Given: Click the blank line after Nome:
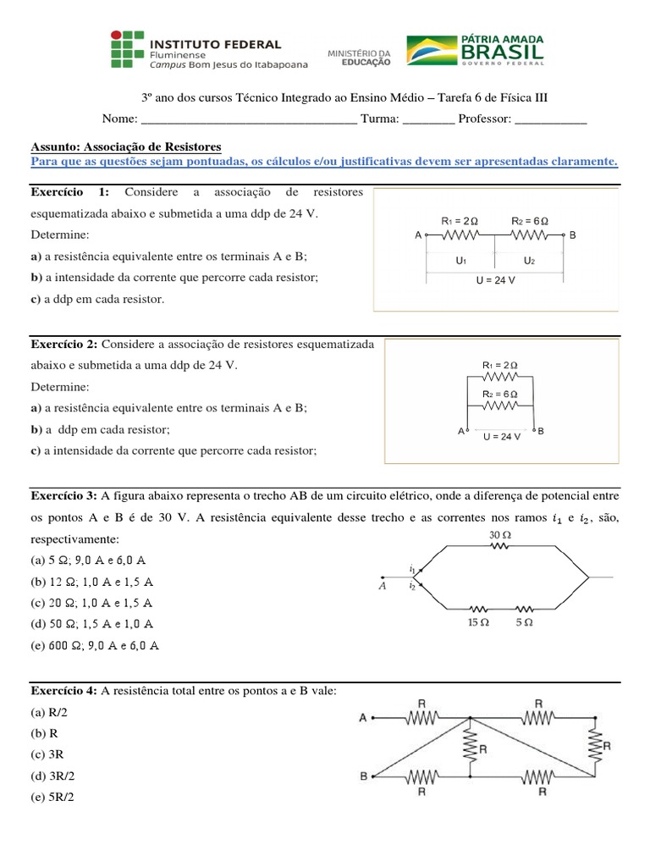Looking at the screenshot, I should pyautogui.click(x=246, y=119).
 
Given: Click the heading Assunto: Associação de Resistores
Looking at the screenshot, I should pyautogui.click(x=125, y=146).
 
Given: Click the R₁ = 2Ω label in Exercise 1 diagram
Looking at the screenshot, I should pyautogui.click(x=460, y=221).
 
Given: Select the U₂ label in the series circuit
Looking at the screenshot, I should pyautogui.click(x=529, y=261).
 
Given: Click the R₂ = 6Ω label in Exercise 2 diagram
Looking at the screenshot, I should pyautogui.click(x=499, y=395).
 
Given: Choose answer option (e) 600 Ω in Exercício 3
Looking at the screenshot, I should pyautogui.click(x=94, y=645).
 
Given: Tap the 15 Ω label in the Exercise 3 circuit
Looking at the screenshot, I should pyautogui.click(x=479, y=622).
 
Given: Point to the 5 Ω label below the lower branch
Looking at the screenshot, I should pyautogui.click(x=524, y=622).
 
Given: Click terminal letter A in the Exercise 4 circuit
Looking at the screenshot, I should pyautogui.click(x=363, y=717).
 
